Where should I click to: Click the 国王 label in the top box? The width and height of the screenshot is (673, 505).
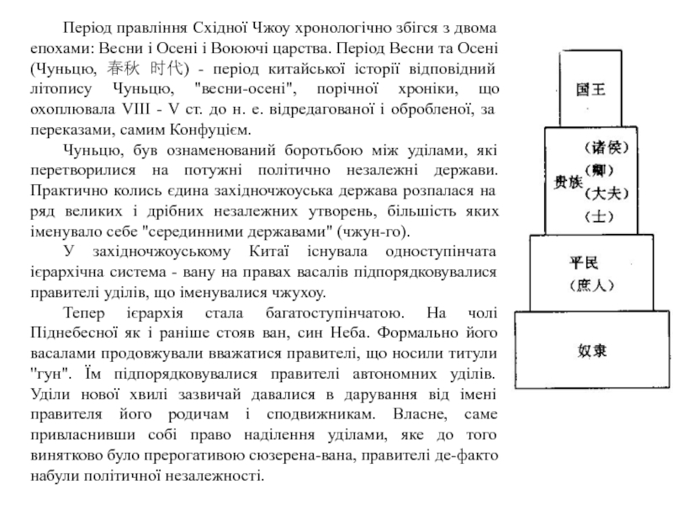(589, 88)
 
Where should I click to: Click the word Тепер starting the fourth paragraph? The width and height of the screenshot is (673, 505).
(85, 313)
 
